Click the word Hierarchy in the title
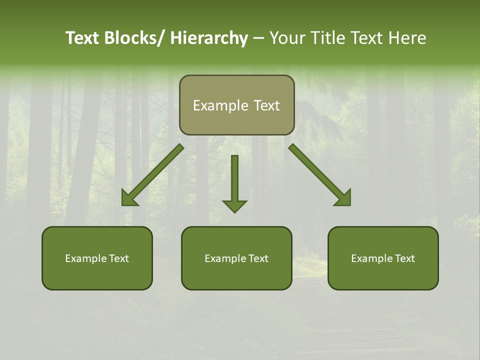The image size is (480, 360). click(209, 38)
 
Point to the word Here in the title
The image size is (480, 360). click(407, 38)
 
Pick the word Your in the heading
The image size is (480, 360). click(287, 38)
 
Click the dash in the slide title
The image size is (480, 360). click(258, 38)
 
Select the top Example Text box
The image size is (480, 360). click(236, 105)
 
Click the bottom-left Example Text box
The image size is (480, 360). click(97, 258)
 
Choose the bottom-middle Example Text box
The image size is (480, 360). click(236, 258)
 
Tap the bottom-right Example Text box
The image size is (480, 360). click(383, 258)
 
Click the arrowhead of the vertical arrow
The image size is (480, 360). click(234, 205)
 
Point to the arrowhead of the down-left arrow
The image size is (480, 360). click(128, 198)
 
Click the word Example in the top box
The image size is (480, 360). click(220, 105)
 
